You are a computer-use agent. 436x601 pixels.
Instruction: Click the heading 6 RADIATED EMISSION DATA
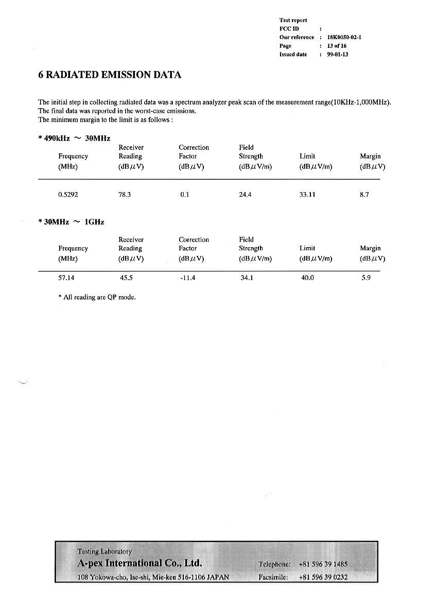coord(110,75)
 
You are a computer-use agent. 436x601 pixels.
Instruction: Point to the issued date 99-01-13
coord(337,55)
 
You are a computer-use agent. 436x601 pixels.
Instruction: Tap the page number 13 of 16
coord(337,46)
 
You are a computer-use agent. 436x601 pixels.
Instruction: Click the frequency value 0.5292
coord(68,195)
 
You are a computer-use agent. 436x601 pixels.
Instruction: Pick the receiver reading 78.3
coord(125,195)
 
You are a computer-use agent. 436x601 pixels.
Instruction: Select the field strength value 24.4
coord(245,195)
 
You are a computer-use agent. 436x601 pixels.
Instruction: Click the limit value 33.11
coord(307,195)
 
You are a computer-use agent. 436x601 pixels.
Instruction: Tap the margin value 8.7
coord(364,195)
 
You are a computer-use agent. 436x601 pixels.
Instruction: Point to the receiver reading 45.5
coord(126,278)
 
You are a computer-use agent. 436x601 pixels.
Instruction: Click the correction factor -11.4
coord(187,278)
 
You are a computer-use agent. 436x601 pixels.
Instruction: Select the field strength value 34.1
coord(247,278)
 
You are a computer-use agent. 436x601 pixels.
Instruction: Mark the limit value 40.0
coord(307,278)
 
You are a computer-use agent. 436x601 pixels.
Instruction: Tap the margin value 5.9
coord(366,278)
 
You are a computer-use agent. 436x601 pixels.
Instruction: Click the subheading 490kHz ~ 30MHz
coord(75,138)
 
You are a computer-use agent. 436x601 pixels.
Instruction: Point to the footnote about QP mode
coord(97,297)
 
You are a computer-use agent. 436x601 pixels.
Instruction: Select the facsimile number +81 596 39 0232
coord(323,577)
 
